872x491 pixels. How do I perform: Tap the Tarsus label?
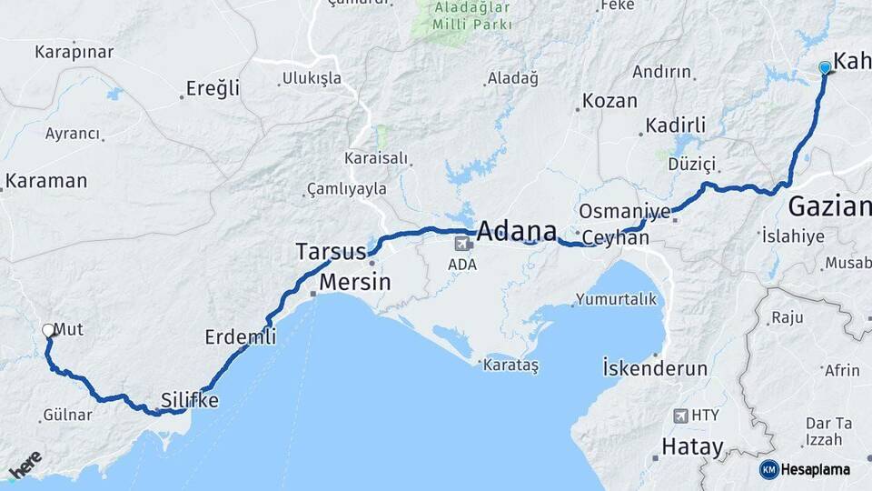click(x=331, y=251)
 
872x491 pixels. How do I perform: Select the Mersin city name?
click(x=355, y=282)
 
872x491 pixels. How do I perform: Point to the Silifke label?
click(x=190, y=399)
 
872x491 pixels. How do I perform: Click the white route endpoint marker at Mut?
click(x=48, y=331)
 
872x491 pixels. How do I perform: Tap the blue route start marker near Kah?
click(x=825, y=68)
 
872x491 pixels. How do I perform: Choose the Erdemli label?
click(x=240, y=336)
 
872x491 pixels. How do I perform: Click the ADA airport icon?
click(x=463, y=244)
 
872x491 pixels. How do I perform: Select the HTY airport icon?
click(x=680, y=416)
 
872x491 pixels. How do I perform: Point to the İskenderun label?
click(x=654, y=368)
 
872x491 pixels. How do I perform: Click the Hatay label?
click(x=692, y=447)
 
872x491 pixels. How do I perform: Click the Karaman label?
click(x=46, y=181)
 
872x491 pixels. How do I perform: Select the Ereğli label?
click(x=213, y=88)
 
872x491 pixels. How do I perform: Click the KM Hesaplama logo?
click(x=806, y=469)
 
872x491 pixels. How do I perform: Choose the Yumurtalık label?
click(x=616, y=299)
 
